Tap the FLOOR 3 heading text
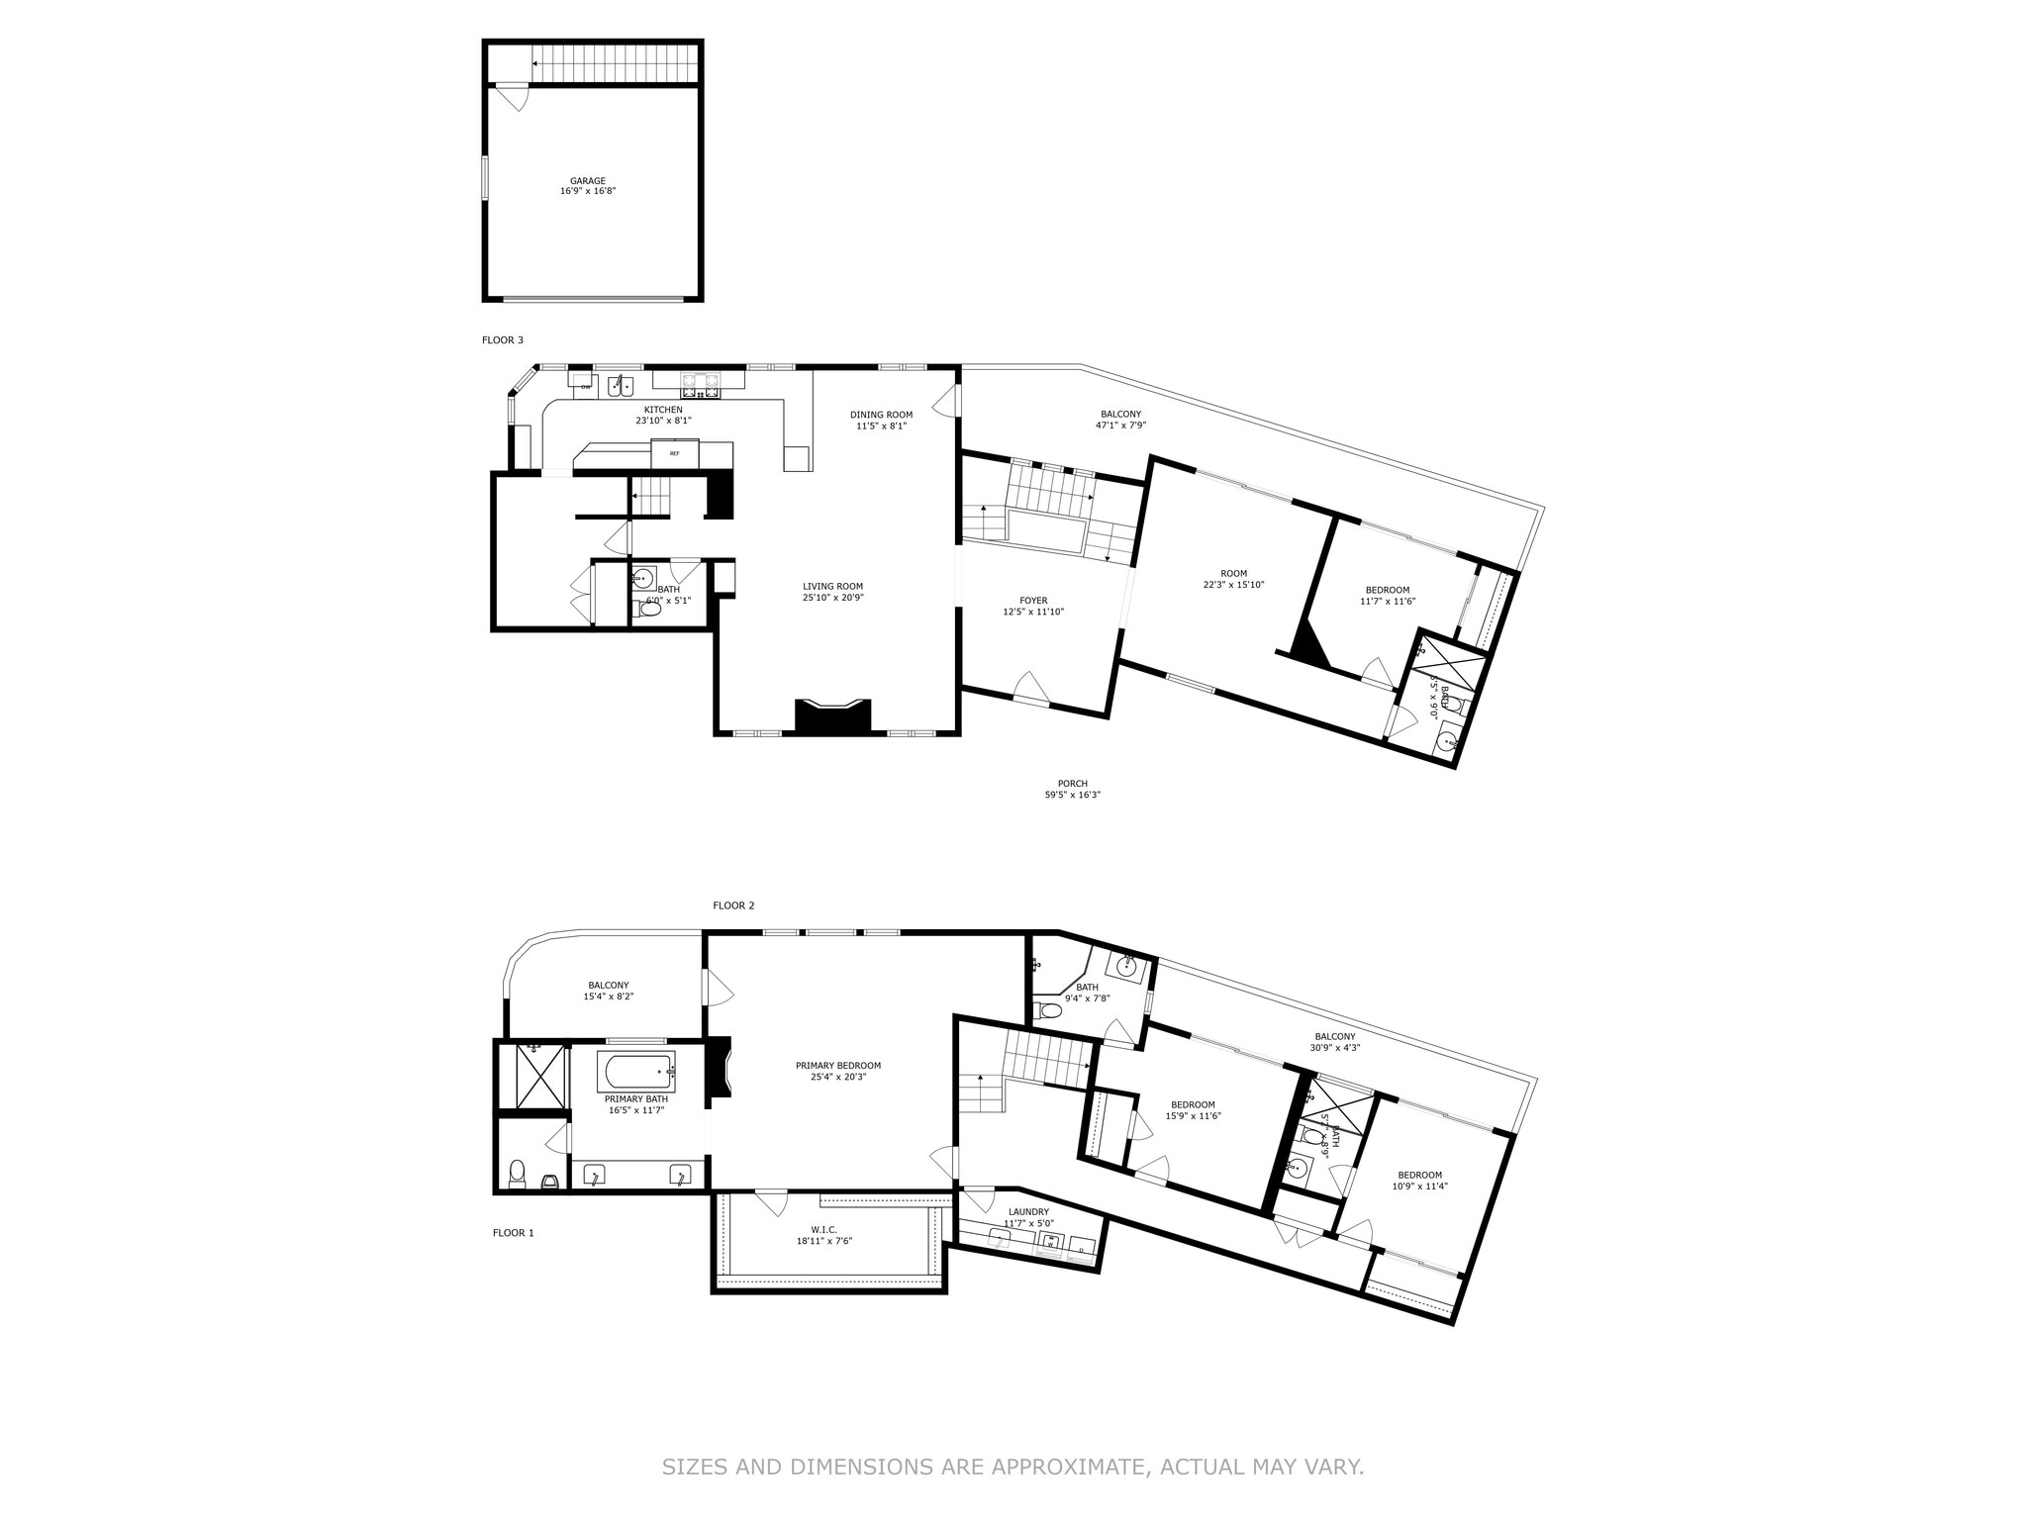click(503, 340)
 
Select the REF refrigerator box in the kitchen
click(675, 453)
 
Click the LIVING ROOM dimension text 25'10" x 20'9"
click(832, 598)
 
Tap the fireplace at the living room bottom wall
click(833, 716)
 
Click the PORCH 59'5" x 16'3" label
click(1073, 789)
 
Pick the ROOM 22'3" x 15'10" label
click(1233, 579)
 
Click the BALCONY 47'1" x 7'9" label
click(1120, 420)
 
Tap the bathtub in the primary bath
click(636, 1072)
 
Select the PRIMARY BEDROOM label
click(837, 1066)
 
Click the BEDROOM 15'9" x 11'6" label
click(1193, 1110)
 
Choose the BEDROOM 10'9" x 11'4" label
click(1419, 1181)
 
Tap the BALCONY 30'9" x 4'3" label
click(1335, 1042)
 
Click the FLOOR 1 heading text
click(514, 1233)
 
